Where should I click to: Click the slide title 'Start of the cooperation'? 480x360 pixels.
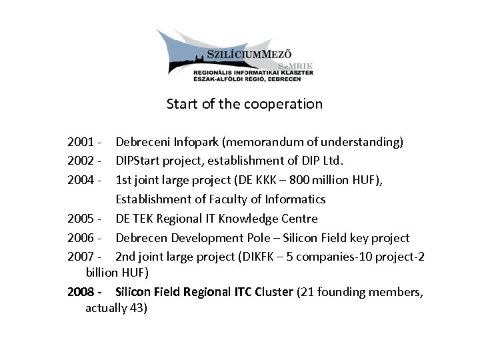[244, 105]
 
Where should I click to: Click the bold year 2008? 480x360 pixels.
[80, 292]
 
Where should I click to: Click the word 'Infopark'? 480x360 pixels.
[197, 142]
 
